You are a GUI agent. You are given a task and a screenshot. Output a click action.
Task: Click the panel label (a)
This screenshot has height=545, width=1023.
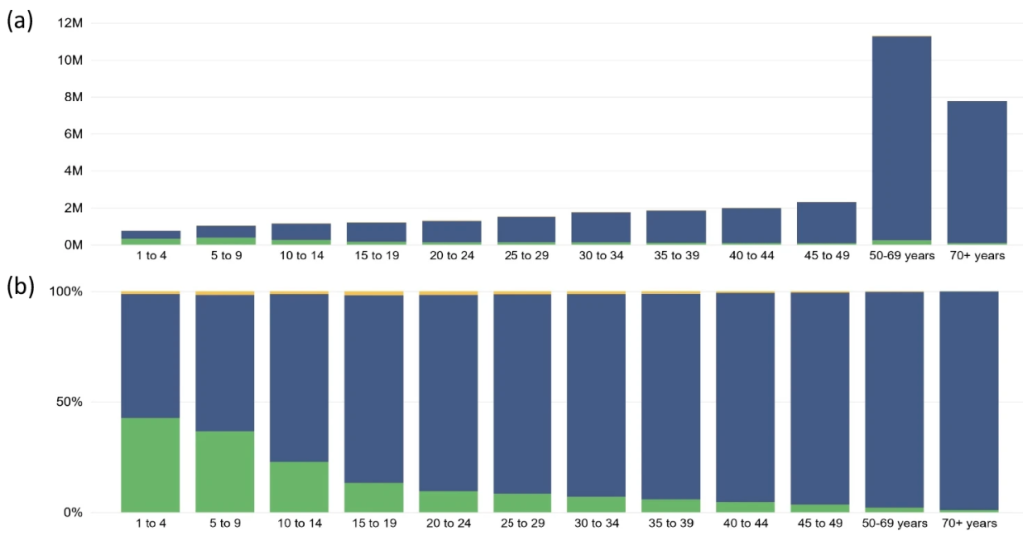(x=21, y=23)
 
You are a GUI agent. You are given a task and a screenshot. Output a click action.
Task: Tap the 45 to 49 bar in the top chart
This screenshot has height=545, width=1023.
(x=826, y=223)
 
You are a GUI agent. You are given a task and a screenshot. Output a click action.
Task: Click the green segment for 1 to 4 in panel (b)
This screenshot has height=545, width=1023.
(x=150, y=465)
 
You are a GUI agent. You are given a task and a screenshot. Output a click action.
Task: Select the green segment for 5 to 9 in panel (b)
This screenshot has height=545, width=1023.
(x=225, y=472)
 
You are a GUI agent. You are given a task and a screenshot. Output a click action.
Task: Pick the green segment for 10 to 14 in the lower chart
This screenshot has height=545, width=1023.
(x=299, y=487)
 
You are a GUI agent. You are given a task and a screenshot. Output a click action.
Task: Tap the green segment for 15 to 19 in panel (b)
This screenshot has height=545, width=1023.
(x=374, y=498)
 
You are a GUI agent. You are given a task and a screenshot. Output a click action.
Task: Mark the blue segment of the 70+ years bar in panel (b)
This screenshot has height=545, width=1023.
(x=969, y=400)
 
